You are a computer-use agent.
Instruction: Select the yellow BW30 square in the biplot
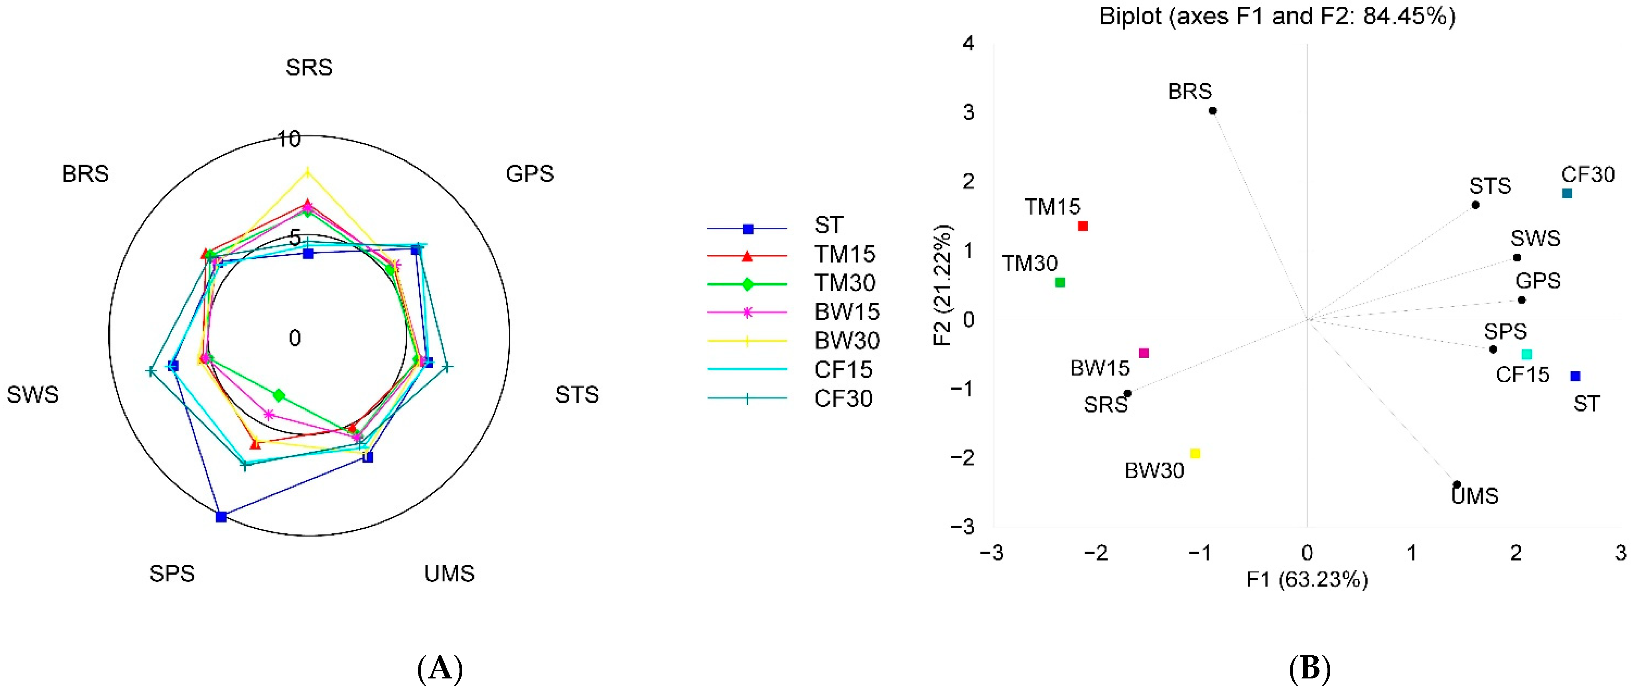click(x=1195, y=453)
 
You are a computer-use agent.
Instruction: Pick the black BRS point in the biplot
click(x=1213, y=111)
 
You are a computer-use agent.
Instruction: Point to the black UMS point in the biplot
click(x=1456, y=485)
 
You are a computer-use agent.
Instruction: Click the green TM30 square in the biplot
click(x=1060, y=282)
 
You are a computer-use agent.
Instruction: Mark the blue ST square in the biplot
click(x=1575, y=376)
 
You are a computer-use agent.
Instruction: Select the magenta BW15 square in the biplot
click(x=1144, y=353)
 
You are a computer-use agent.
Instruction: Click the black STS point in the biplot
click(x=1475, y=205)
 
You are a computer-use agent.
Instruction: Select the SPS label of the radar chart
click(x=172, y=574)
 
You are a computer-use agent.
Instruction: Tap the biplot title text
click(x=1277, y=16)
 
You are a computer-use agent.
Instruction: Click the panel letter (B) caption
click(x=1310, y=668)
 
